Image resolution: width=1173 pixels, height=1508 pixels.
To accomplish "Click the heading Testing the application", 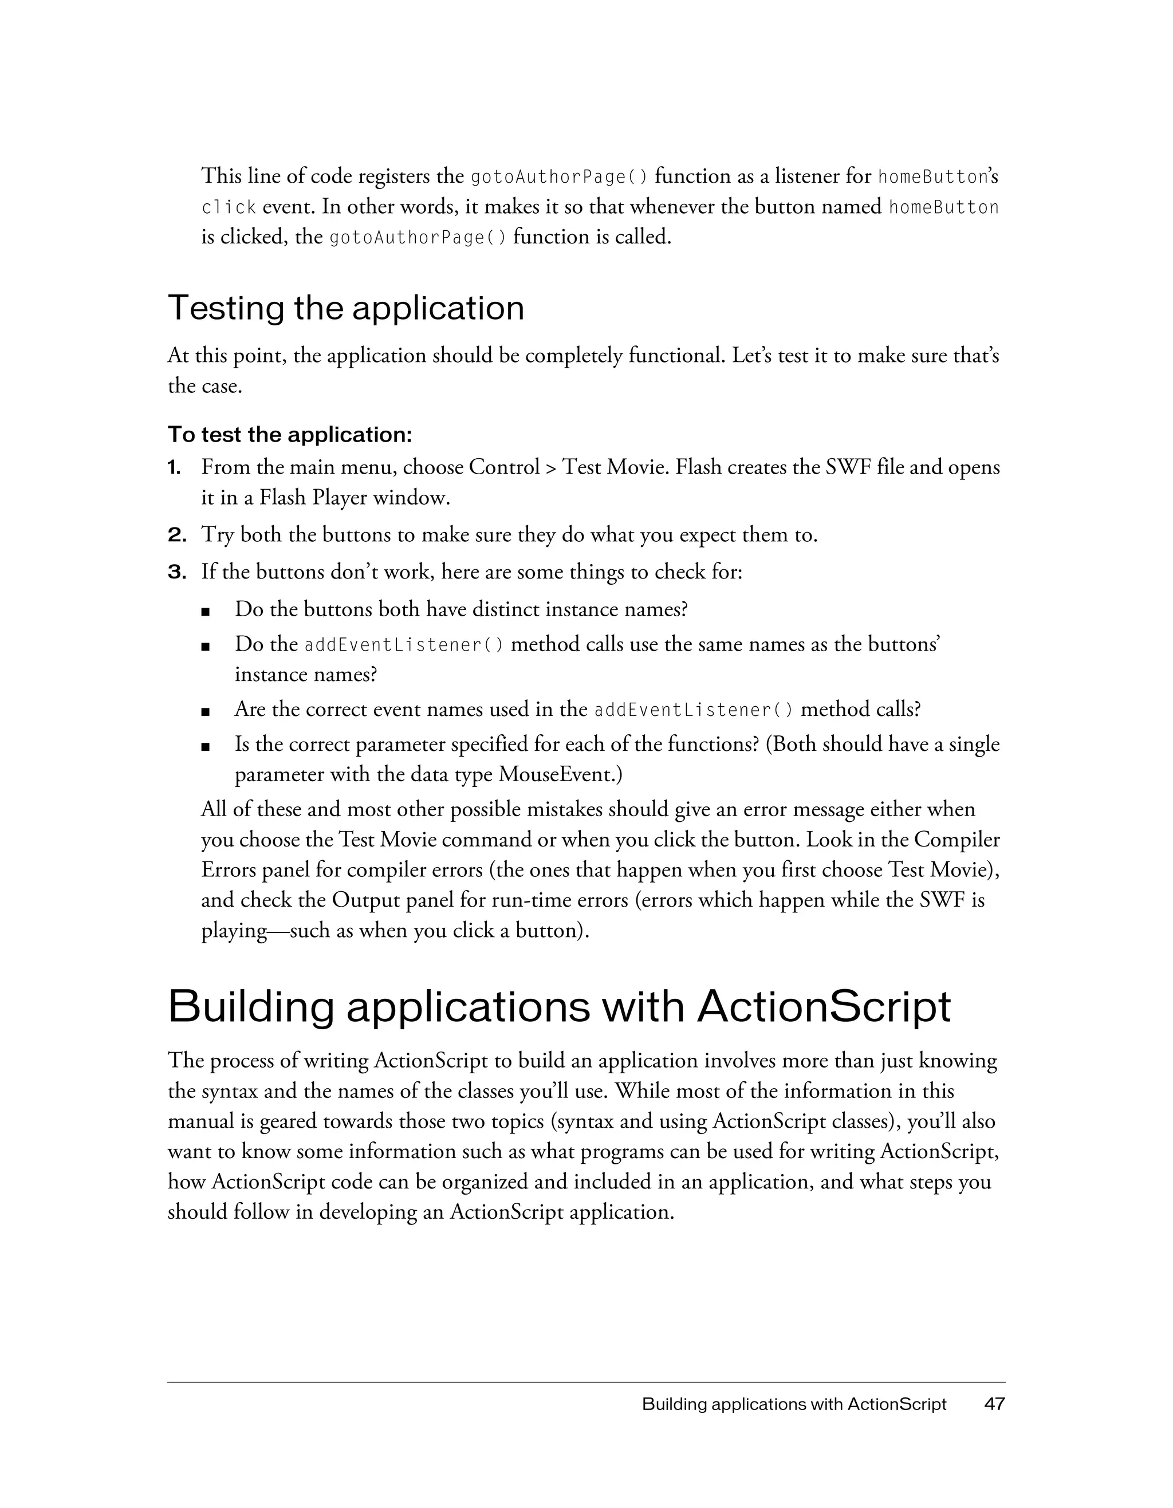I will pyautogui.click(x=346, y=308).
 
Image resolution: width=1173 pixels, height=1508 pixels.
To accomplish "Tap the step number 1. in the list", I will pyautogui.click(x=174, y=467).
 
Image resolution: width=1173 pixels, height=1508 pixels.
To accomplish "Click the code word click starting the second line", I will pyautogui.click(x=229, y=207).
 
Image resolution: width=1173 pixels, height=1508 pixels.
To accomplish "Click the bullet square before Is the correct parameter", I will pyautogui.click(x=205, y=746).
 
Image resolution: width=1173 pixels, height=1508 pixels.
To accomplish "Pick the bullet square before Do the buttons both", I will pyautogui.click(x=205, y=611).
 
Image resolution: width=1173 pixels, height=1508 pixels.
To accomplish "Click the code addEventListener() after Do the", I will pyautogui.click(x=404, y=645).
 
